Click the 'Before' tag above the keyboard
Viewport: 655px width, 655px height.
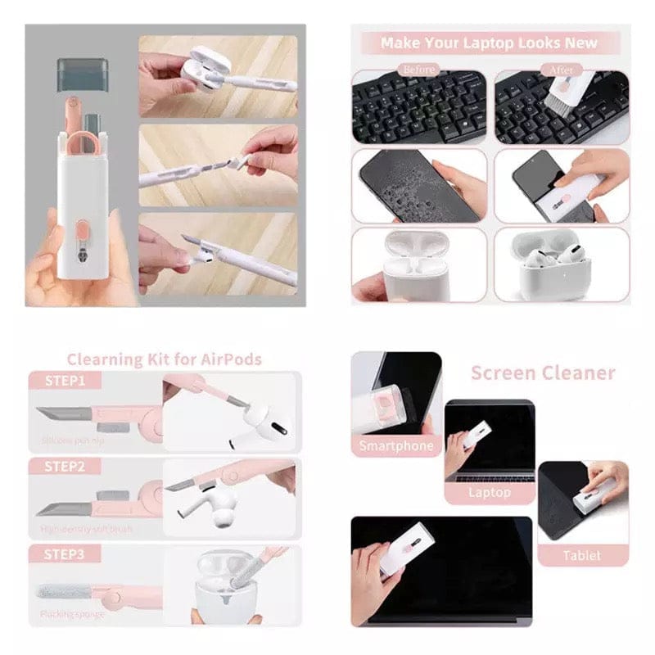(x=418, y=69)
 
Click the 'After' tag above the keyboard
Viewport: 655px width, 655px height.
(x=561, y=69)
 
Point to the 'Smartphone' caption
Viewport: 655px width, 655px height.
(x=396, y=446)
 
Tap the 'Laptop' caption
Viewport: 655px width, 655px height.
(x=489, y=492)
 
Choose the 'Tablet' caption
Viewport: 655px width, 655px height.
(x=581, y=555)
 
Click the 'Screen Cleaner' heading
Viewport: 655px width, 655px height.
(x=542, y=373)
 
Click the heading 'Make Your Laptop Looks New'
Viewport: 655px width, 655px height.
(x=489, y=43)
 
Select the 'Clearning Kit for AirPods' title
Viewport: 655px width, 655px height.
(x=165, y=359)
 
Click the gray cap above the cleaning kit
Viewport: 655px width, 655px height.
(x=82, y=74)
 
